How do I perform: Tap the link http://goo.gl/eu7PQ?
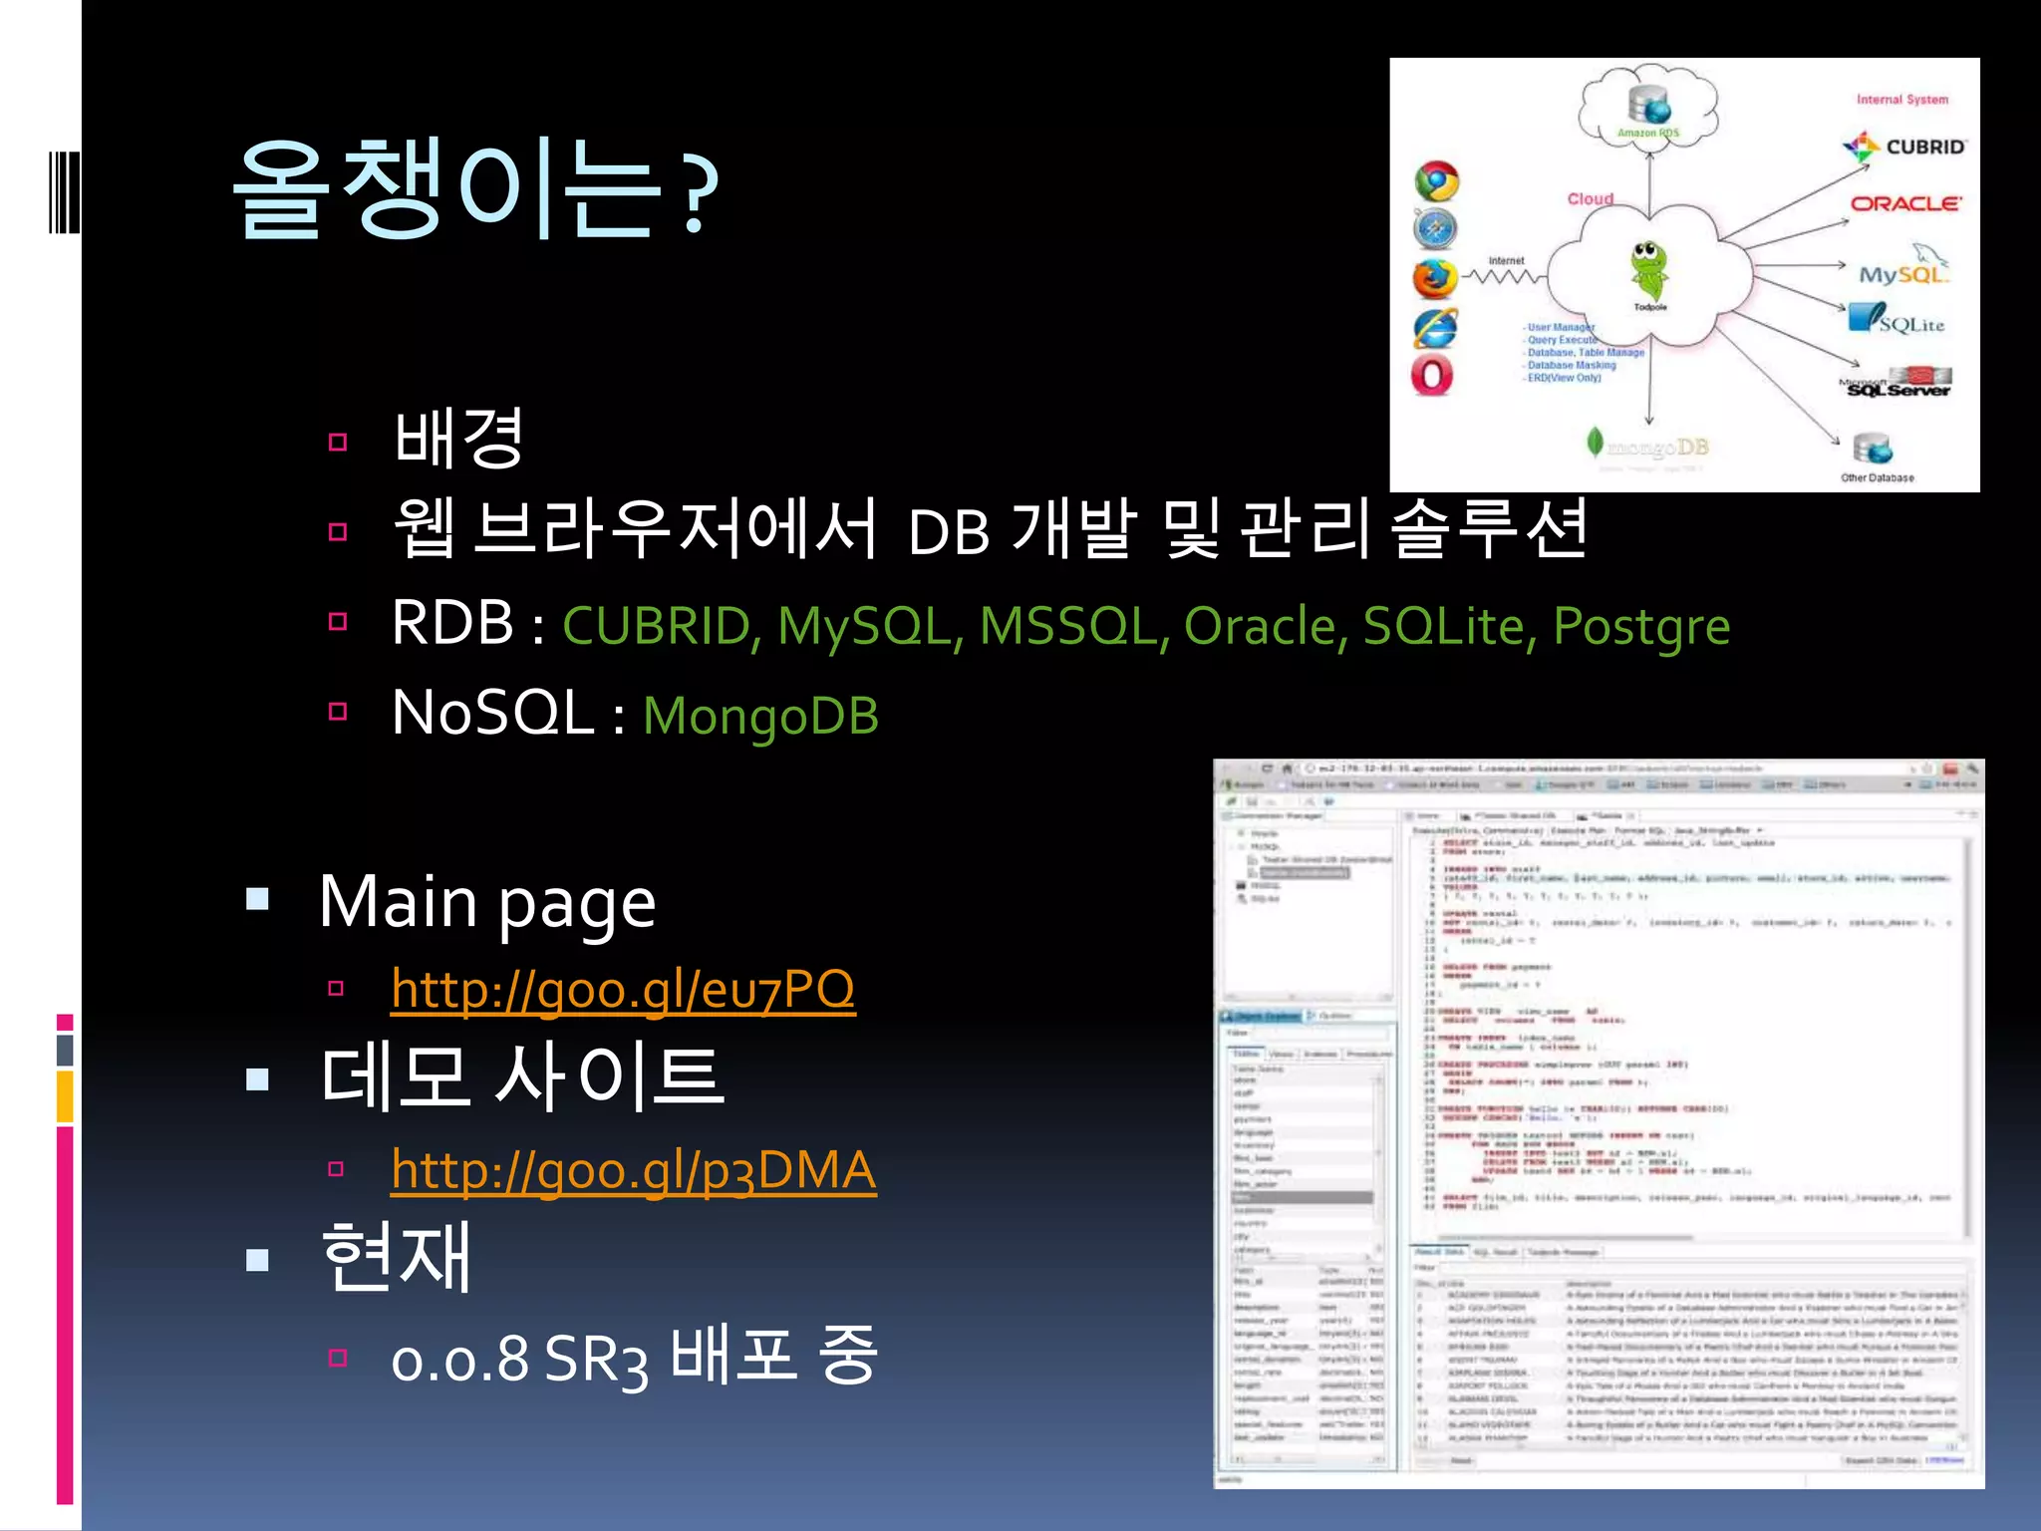pyautogui.click(x=623, y=989)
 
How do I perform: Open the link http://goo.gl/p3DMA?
pyautogui.click(x=634, y=1169)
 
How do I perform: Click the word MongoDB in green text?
pyautogui.click(x=760, y=716)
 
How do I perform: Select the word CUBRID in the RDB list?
pyautogui.click(x=656, y=626)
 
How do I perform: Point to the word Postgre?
pyautogui.click(x=1640, y=626)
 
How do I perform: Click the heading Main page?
pyautogui.click(x=487, y=902)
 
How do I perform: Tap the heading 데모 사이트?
pyautogui.click(x=522, y=1077)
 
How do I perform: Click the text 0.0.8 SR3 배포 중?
pyautogui.click(x=634, y=1358)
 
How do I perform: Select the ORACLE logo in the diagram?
pyautogui.click(x=1904, y=203)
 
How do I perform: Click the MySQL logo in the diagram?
pyautogui.click(x=1901, y=271)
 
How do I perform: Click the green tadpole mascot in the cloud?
pyautogui.click(x=1648, y=267)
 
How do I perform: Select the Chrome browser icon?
pyautogui.click(x=1436, y=181)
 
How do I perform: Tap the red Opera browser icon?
pyautogui.click(x=1432, y=376)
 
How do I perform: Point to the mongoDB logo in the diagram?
pyautogui.click(x=1647, y=446)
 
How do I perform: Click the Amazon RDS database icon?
pyautogui.click(x=1648, y=106)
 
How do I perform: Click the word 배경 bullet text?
pyautogui.click(x=458, y=439)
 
